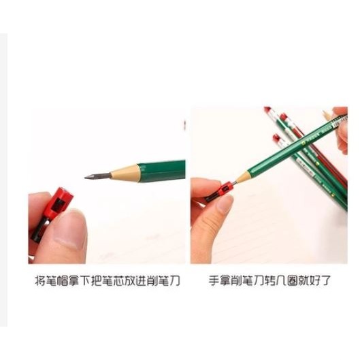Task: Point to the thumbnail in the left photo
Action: coord(71,234)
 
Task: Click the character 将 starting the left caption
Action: coord(40,280)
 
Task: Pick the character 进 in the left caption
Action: coord(153,280)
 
